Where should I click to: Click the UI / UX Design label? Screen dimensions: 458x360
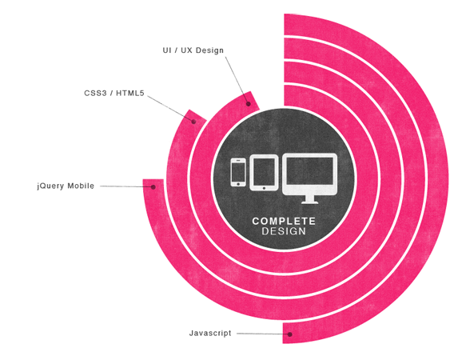[x=193, y=50]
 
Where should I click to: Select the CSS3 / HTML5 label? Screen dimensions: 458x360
[x=114, y=94]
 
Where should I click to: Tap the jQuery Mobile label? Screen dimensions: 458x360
[x=66, y=186]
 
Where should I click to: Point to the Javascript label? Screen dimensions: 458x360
[x=210, y=333]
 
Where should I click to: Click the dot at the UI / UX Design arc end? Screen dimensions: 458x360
[x=249, y=104]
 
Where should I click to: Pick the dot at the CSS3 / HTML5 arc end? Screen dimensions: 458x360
[x=193, y=122]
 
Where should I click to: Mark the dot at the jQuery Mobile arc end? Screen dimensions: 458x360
[x=153, y=187]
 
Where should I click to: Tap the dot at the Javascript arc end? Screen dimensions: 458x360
[x=290, y=334]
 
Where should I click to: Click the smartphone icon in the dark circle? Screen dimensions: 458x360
[x=238, y=172]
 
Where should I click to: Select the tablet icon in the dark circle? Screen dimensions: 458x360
[x=264, y=173]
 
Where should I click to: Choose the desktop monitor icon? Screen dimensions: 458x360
[x=310, y=178]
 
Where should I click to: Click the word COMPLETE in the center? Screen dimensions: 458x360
[x=284, y=221]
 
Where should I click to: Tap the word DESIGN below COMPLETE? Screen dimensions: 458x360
[x=284, y=231]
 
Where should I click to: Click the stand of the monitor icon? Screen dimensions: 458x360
[x=309, y=200]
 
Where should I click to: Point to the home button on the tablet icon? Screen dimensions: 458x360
[x=264, y=188]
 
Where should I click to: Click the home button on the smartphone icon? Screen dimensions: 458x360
[x=238, y=184]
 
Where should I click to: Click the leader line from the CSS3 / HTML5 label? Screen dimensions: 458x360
[x=169, y=108]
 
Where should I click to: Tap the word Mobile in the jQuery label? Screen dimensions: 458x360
[x=81, y=186]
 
